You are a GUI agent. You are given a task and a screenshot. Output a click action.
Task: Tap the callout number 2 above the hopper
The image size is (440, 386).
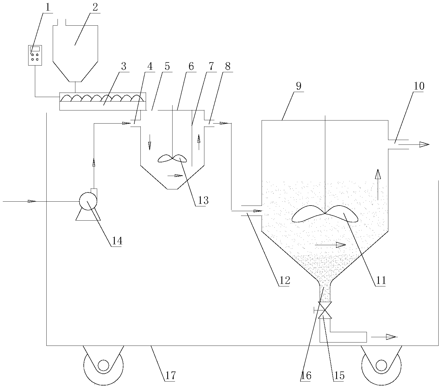(x=95, y=8)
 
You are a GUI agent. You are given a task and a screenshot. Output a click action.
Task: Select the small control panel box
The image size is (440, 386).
(x=35, y=55)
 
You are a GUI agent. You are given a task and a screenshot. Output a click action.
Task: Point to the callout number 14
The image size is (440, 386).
(x=117, y=241)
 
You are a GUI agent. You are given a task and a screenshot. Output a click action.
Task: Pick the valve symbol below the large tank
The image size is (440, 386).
(x=325, y=310)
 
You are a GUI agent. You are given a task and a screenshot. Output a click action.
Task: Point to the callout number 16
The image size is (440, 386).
(x=306, y=376)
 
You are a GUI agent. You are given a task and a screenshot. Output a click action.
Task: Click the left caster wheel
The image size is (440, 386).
(x=103, y=365)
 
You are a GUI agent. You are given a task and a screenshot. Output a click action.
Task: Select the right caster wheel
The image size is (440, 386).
(x=381, y=365)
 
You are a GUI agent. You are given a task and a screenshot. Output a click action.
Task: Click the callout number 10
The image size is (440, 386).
(x=419, y=86)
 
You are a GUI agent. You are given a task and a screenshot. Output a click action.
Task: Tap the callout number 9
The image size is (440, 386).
(x=298, y=86)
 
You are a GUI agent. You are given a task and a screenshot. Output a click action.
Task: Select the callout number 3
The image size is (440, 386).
(x=123, y=67)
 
